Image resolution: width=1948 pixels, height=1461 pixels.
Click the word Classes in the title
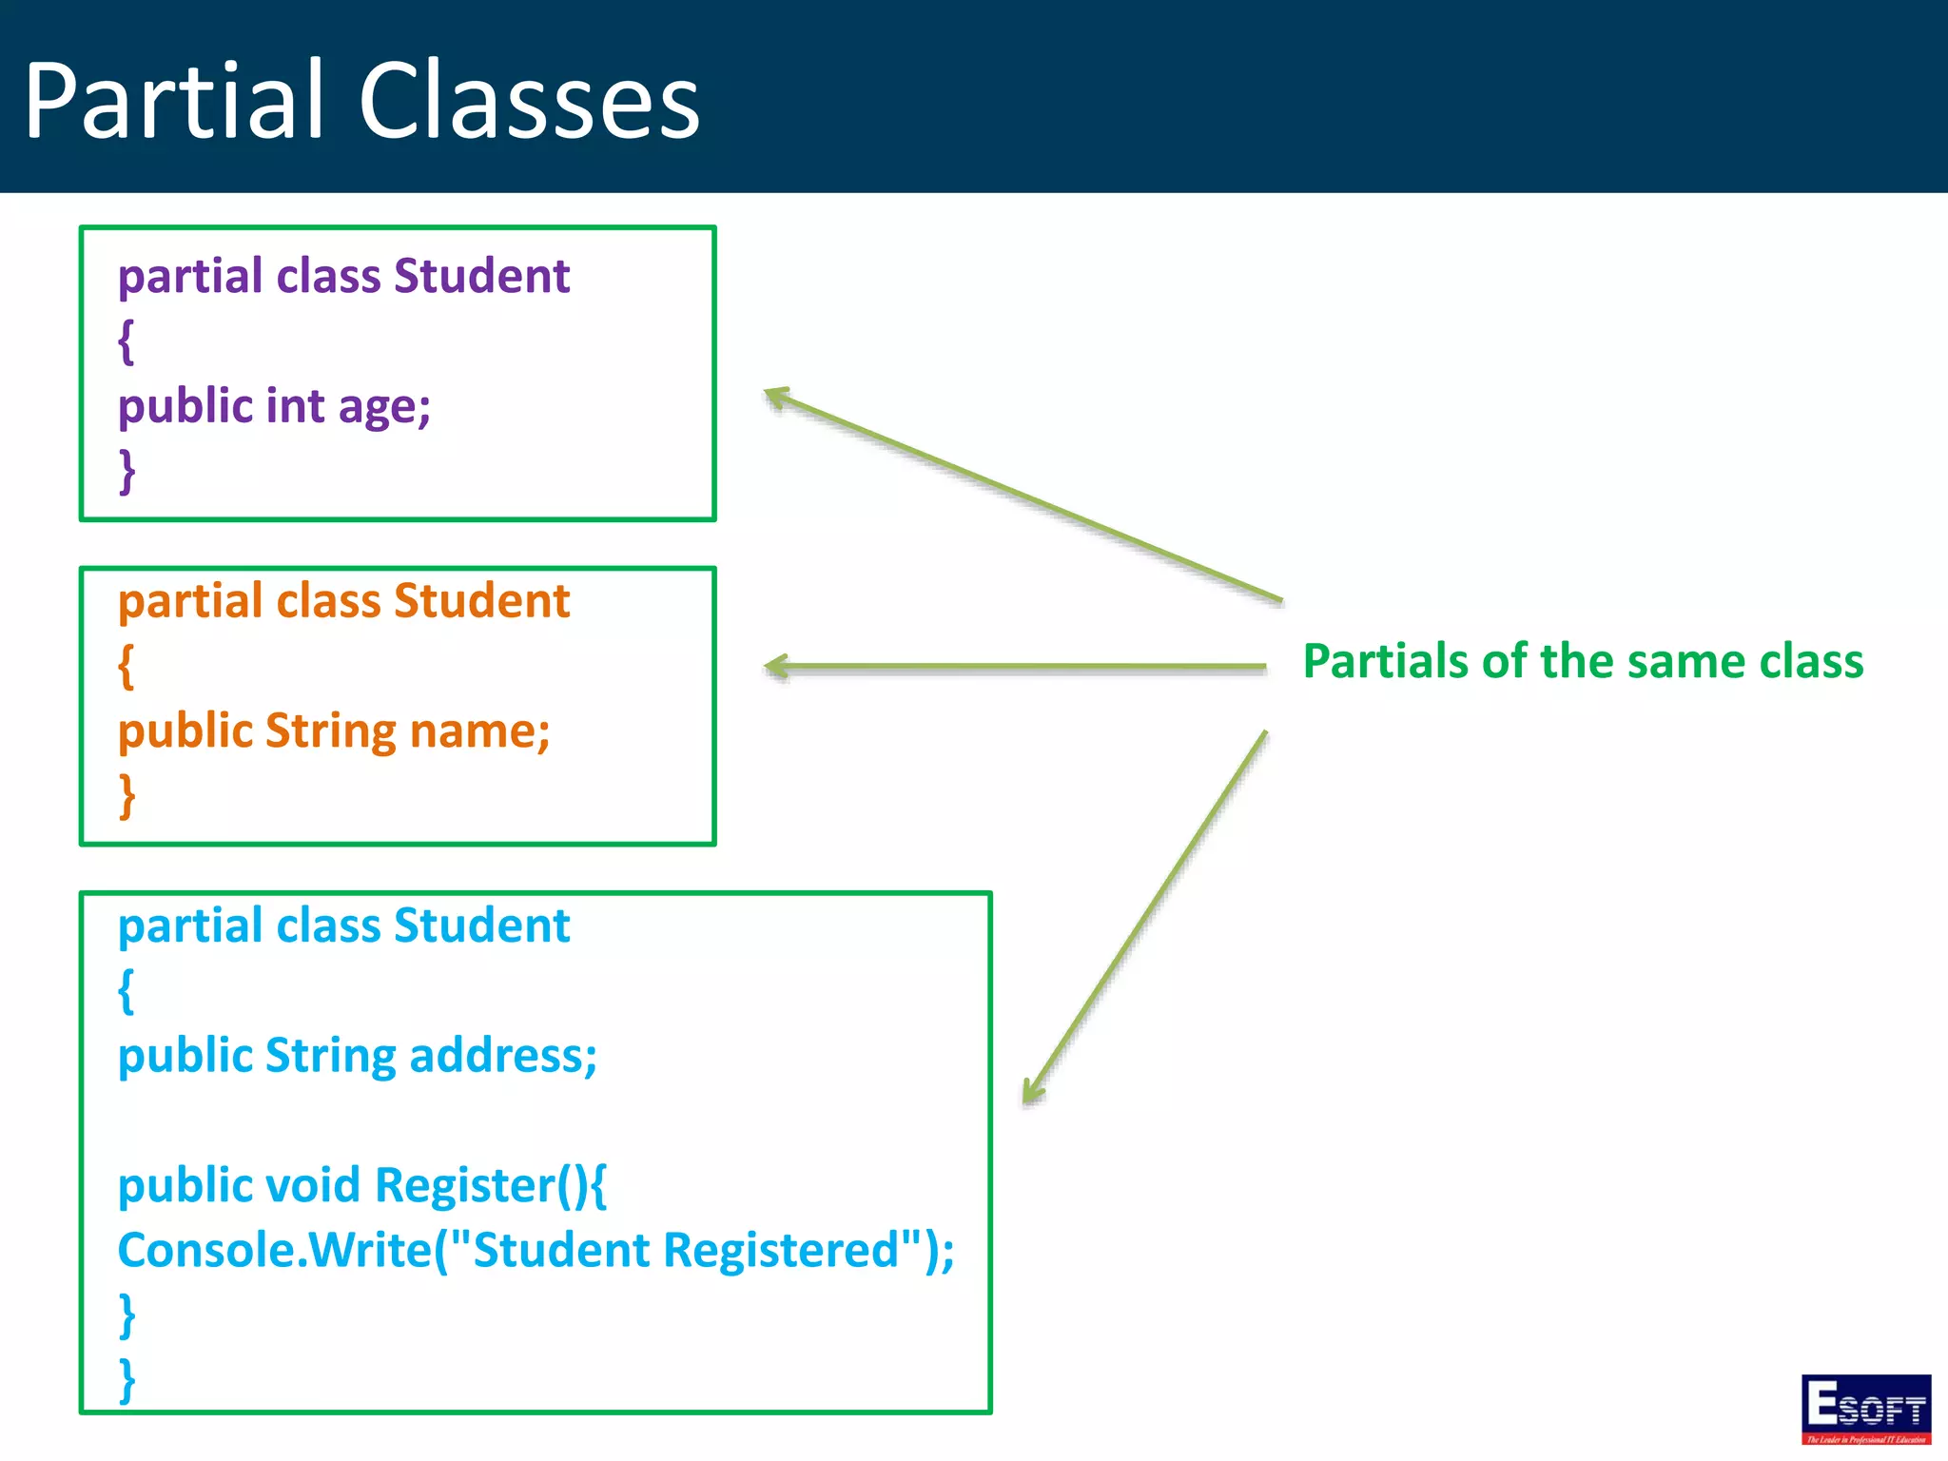coord(529,101)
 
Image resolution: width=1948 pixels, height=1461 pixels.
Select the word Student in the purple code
coord(481,277)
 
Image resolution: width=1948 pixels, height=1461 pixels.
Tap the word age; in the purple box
coord(384,407)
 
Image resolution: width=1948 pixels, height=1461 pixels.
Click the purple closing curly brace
coord(127,471)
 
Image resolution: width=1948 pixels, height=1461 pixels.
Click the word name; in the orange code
coord(479,731)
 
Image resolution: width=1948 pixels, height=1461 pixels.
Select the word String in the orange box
coord(330,731)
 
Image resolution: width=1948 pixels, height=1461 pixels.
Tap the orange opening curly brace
coord(126,666)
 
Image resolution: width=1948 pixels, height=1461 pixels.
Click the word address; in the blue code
coord(503,1056)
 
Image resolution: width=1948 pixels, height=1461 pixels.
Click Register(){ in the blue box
coord(490,1186)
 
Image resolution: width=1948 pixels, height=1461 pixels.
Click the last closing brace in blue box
coord(127,1379)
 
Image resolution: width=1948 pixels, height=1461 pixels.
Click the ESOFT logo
coord(1865,1409)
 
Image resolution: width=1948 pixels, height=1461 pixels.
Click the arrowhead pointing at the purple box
coord(776,397)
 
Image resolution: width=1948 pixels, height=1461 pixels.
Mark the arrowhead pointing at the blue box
coord(1031,1093)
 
